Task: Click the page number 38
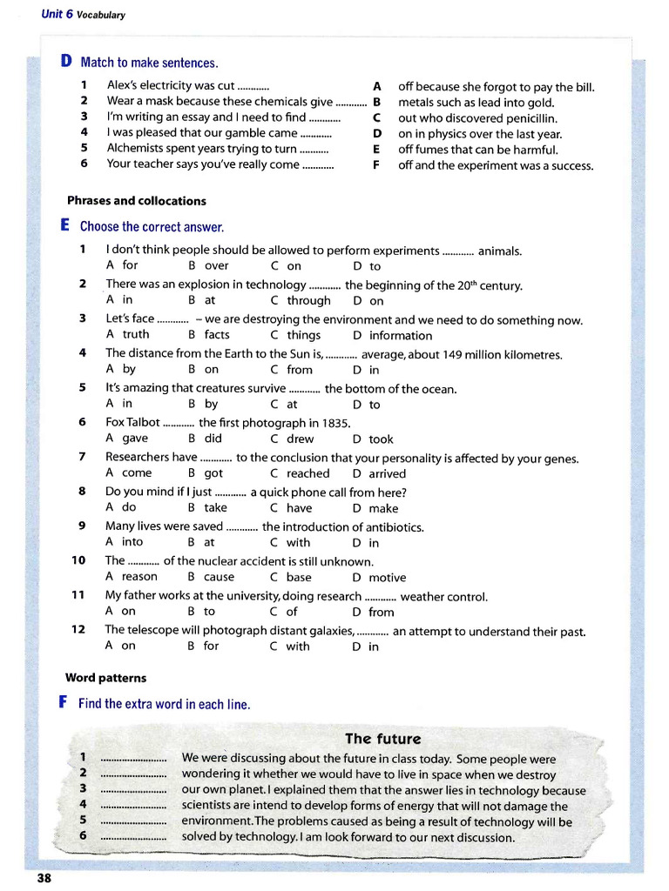[x=44, y=878]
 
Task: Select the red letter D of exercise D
[x=66, y=62]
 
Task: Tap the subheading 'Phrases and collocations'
[x=136, y=201]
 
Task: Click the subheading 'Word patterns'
[x=105, y=678]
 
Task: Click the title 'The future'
[x=382, y=739]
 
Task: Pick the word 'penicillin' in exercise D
[x=526, y=118]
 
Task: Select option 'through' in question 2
[x=309, y=301]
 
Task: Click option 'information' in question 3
[x=400, y=336]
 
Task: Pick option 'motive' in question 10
[x=388, y=578]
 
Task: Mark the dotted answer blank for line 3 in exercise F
[x=133, y=789]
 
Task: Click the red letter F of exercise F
[x=64, y=703]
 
